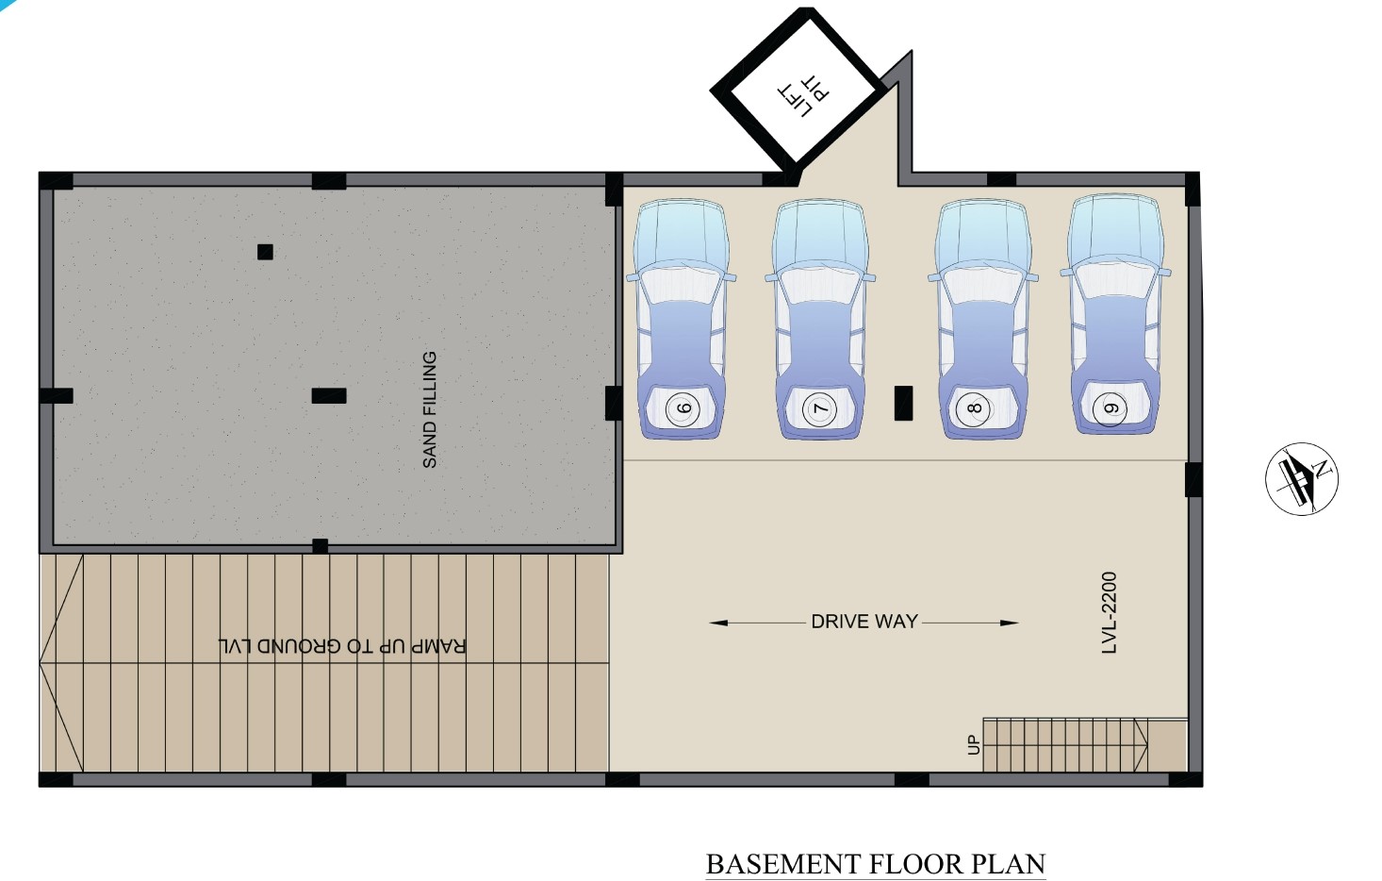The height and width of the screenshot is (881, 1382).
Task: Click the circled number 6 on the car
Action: tap(682, 408)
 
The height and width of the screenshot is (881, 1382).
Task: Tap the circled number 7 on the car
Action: tap(820, 408)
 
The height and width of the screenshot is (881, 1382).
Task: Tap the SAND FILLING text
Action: tap(430, 409)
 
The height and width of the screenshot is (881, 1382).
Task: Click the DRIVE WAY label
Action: tap(864, 621)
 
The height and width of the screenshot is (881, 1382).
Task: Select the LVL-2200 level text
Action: tap(1109, 612)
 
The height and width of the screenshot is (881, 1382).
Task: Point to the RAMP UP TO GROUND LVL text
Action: tap(342, 646)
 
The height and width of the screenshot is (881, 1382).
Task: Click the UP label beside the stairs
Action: tap(974, 745)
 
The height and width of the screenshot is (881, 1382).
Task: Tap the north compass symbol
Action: tap(1301, 478)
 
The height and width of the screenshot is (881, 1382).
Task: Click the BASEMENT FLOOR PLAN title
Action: tap(876, 864)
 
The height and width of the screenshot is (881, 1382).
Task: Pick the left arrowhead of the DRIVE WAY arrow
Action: tap(718, 623)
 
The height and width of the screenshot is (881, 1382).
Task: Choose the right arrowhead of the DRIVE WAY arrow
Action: tap(1010, 623)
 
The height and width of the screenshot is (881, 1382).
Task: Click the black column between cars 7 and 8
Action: tap(903, 403)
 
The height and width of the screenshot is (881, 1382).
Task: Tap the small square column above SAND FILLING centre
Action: tap(265, 252)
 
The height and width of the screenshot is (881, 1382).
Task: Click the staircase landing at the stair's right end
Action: tap(1167, 745)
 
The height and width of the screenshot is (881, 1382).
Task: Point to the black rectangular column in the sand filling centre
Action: tap(329, 396)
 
